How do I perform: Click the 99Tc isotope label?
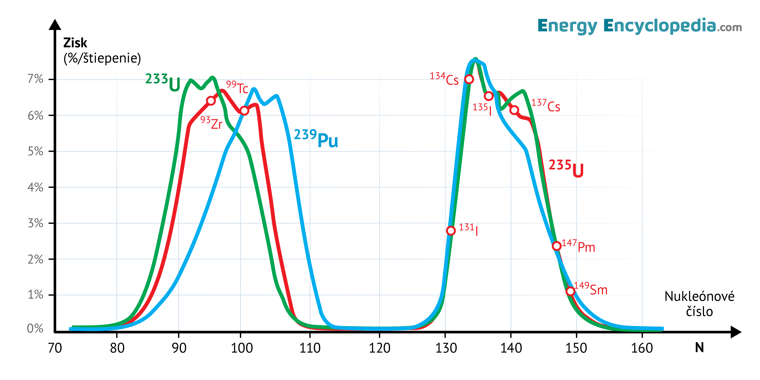click(x=237, y=87)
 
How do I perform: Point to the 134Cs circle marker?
click(x=469, y=79)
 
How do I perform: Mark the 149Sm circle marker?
click(x=571, y=291)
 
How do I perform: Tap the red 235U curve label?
click(x=566, y=168)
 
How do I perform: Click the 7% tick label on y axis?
click(x=35, y=79)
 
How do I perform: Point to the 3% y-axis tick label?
click(x=35, y=223)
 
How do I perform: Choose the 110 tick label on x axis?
click(x=310, y=348)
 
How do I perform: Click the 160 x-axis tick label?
click(x=642, y=348)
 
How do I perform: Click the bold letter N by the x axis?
click(x=699, y=348)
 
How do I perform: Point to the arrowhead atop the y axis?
click(x=55, y=25)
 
